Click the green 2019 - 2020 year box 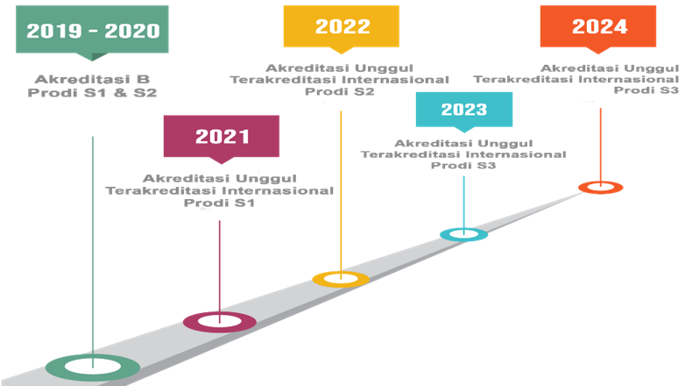click(91, 31)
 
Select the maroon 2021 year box click(222, 136)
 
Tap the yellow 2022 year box click(341, 26)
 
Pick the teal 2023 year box click(463, 110)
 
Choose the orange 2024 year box click(598, 26)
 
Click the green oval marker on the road click(92, 366)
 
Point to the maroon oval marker click(219, 322)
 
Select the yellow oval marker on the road click(341, 279)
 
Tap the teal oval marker click(463, 234)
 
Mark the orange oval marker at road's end click(600, 187)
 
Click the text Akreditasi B click(93, 78)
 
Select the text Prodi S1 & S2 click(93, 91)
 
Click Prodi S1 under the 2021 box click(219, 203)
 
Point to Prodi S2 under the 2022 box click(341, 91)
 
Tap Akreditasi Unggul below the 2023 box click(463, 142)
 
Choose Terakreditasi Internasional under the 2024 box click(576, 79)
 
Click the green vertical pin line click(92, 246)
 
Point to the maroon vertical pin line click(219, 263)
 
